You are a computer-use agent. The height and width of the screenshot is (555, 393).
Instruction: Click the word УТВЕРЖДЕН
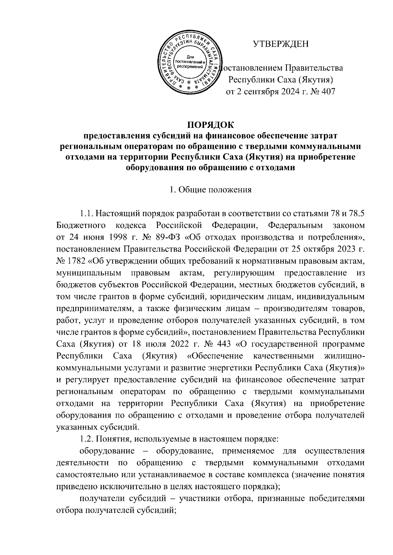[281, 43]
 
